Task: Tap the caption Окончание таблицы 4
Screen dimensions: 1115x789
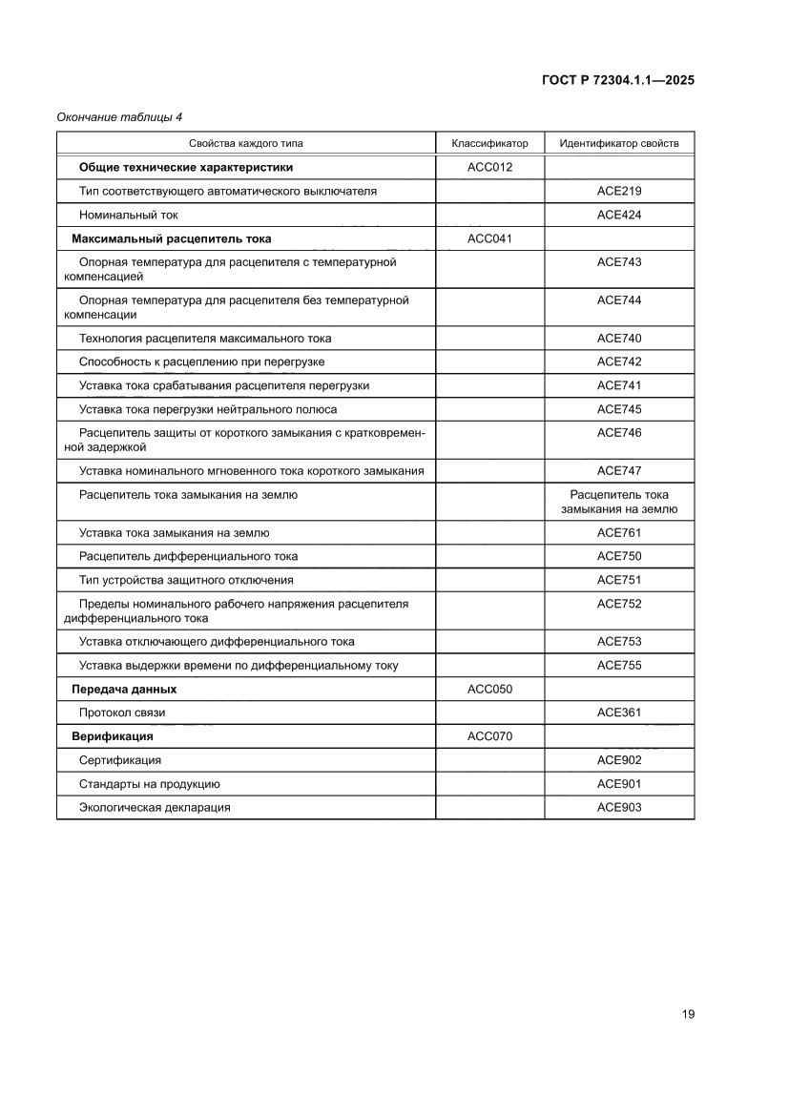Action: (119, 117)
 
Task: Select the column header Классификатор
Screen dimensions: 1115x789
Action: (489, 143)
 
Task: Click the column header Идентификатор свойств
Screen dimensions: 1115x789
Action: (619, 143)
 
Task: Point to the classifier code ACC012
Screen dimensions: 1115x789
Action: (489, 167)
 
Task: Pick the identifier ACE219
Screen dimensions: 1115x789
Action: (619, 191)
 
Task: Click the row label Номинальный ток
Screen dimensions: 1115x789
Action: (128, 215)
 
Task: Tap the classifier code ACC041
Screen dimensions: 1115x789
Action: (489, 238)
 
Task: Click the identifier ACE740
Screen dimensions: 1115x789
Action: (619, 339)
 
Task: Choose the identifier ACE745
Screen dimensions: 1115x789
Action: (619, 409)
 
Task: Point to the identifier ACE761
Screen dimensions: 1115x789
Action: (619, 533)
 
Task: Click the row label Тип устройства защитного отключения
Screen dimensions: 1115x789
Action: (186, 580)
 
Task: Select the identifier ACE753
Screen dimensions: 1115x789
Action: (619, 642)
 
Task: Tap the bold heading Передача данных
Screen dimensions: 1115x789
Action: (124, 689)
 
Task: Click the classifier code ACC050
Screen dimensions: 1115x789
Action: (489, 689)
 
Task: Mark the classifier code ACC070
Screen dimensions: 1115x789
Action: (489, 736)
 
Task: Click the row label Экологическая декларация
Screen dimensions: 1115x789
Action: (155, 807)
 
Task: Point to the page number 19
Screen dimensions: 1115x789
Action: (688, 1014)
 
